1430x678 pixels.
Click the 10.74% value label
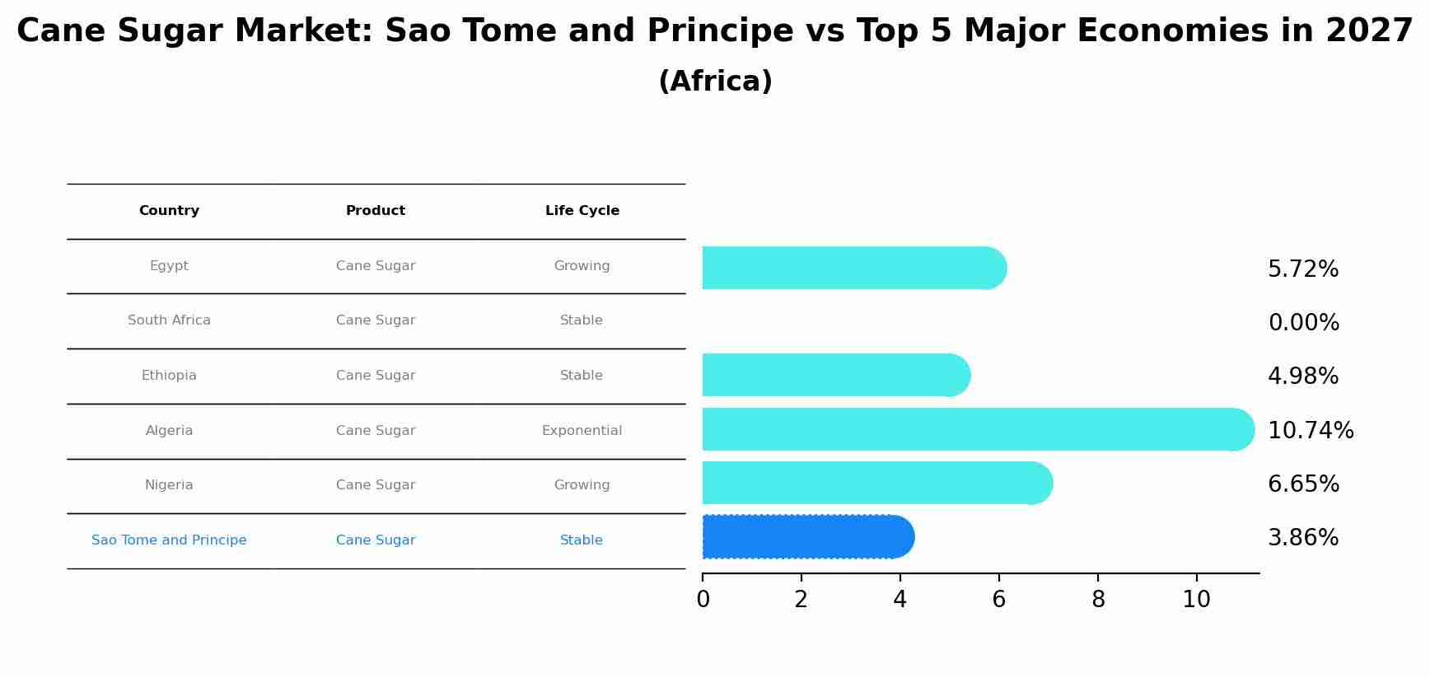click(x=1310, y=430)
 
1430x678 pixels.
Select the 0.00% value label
click(x=1303, y=323)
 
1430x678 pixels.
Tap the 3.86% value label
click(x=1302, y=538)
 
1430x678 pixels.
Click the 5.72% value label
click(x=1302, y=269)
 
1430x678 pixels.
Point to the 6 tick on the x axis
click(x=998, y=600)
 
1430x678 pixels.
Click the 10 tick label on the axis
click(x=1196, y=600)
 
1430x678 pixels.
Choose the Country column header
click(x=169, y=211)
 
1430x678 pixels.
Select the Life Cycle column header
click(x=582, y=211)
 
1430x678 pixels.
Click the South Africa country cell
click(x=169, y=320)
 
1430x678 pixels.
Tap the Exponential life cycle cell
click(x=582, y=431)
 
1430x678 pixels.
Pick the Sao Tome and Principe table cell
click(x=169, y=540)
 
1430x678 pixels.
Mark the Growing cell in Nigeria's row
click(x=582, y=485)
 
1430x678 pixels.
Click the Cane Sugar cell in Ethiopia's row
click(x=376, y=376)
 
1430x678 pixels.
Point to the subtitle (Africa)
click(x=715, y=82)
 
